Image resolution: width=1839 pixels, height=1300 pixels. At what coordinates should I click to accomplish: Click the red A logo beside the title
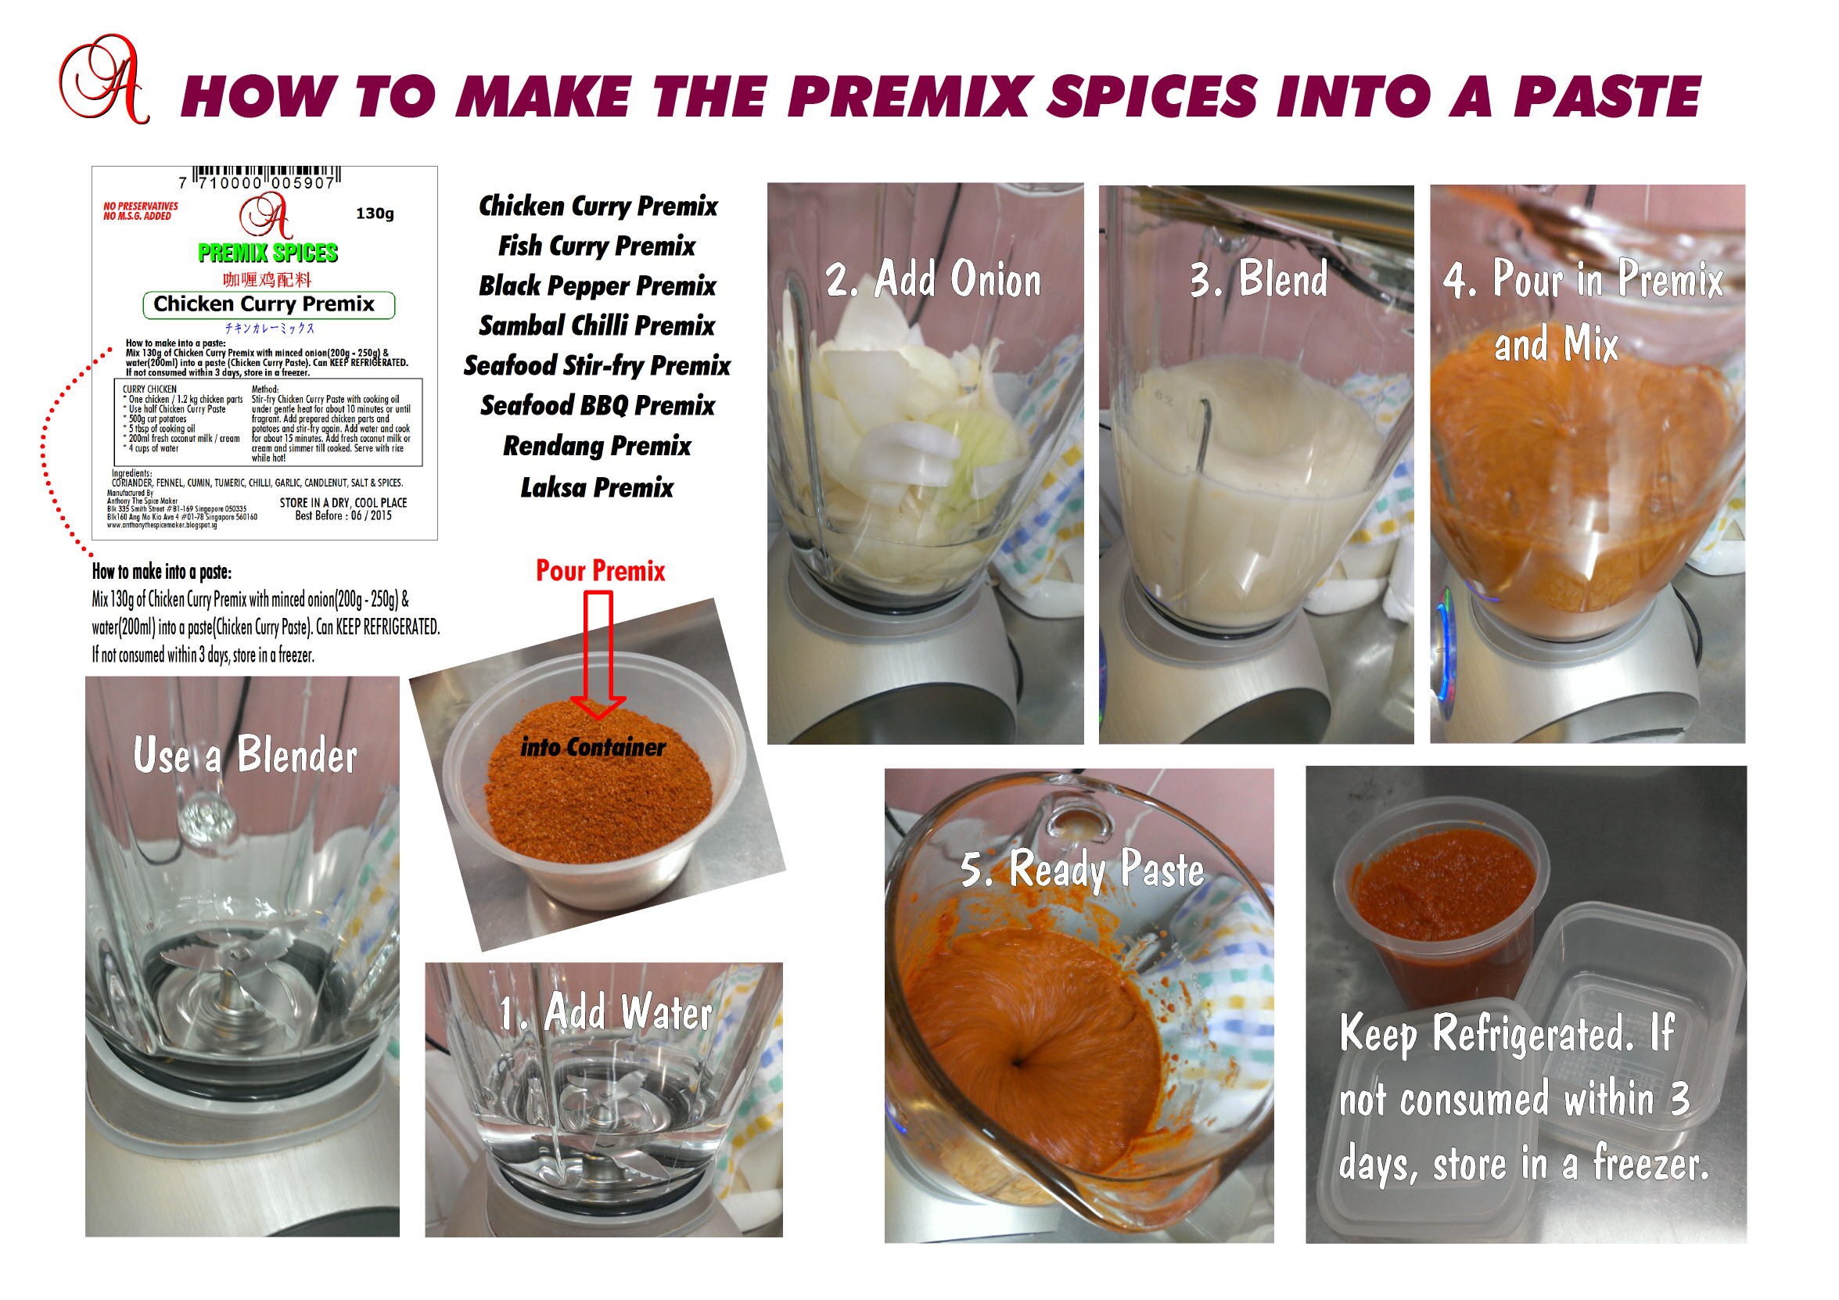(104, 80)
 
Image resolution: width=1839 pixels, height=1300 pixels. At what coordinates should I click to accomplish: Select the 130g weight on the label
(375, 213)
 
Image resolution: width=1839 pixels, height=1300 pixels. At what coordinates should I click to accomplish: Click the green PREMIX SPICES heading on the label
(268, 253)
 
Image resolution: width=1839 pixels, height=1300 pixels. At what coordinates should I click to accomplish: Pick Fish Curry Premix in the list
(597, 246)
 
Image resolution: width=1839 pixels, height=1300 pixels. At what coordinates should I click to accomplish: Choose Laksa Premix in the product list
(597, 487)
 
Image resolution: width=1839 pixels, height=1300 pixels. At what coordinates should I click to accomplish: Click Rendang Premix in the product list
(597, 446)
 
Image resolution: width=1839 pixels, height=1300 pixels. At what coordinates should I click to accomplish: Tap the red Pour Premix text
(600, 571)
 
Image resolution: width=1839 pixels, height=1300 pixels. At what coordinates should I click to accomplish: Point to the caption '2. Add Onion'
(933, 279)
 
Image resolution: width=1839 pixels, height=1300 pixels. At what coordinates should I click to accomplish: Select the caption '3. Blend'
(1258, 279)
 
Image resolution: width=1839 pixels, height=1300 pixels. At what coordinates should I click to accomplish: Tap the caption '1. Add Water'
(605, 1012)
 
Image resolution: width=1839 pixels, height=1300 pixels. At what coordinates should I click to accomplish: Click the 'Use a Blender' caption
(244, 756)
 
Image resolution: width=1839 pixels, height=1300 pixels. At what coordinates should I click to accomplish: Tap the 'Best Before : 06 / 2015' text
(343, 515)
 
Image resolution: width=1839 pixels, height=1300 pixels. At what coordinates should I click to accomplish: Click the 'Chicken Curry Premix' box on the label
(268, 304)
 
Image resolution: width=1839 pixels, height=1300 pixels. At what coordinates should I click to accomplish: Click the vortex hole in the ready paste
(1017, 1063)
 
